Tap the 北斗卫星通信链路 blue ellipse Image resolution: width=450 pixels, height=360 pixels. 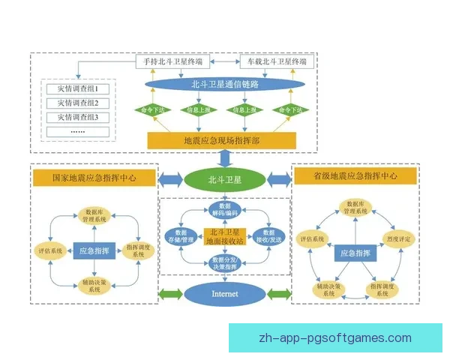[224, 85]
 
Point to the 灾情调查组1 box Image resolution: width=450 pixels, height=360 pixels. [78, 88]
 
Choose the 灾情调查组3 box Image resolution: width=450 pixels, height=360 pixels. [78, 117]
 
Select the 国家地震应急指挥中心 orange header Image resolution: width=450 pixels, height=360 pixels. [94, 178]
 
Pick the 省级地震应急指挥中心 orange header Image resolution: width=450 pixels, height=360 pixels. [355, 177]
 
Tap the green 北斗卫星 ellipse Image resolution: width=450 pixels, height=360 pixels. [224, 178]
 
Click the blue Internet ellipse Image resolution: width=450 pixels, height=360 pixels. [224, 293]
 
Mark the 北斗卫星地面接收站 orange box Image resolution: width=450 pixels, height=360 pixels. [225, 237]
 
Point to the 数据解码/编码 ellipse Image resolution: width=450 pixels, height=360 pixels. [224, 209]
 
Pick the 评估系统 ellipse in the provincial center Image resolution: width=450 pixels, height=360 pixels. [313, 239]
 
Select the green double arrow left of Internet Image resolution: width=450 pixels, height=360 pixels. [172, 293]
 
